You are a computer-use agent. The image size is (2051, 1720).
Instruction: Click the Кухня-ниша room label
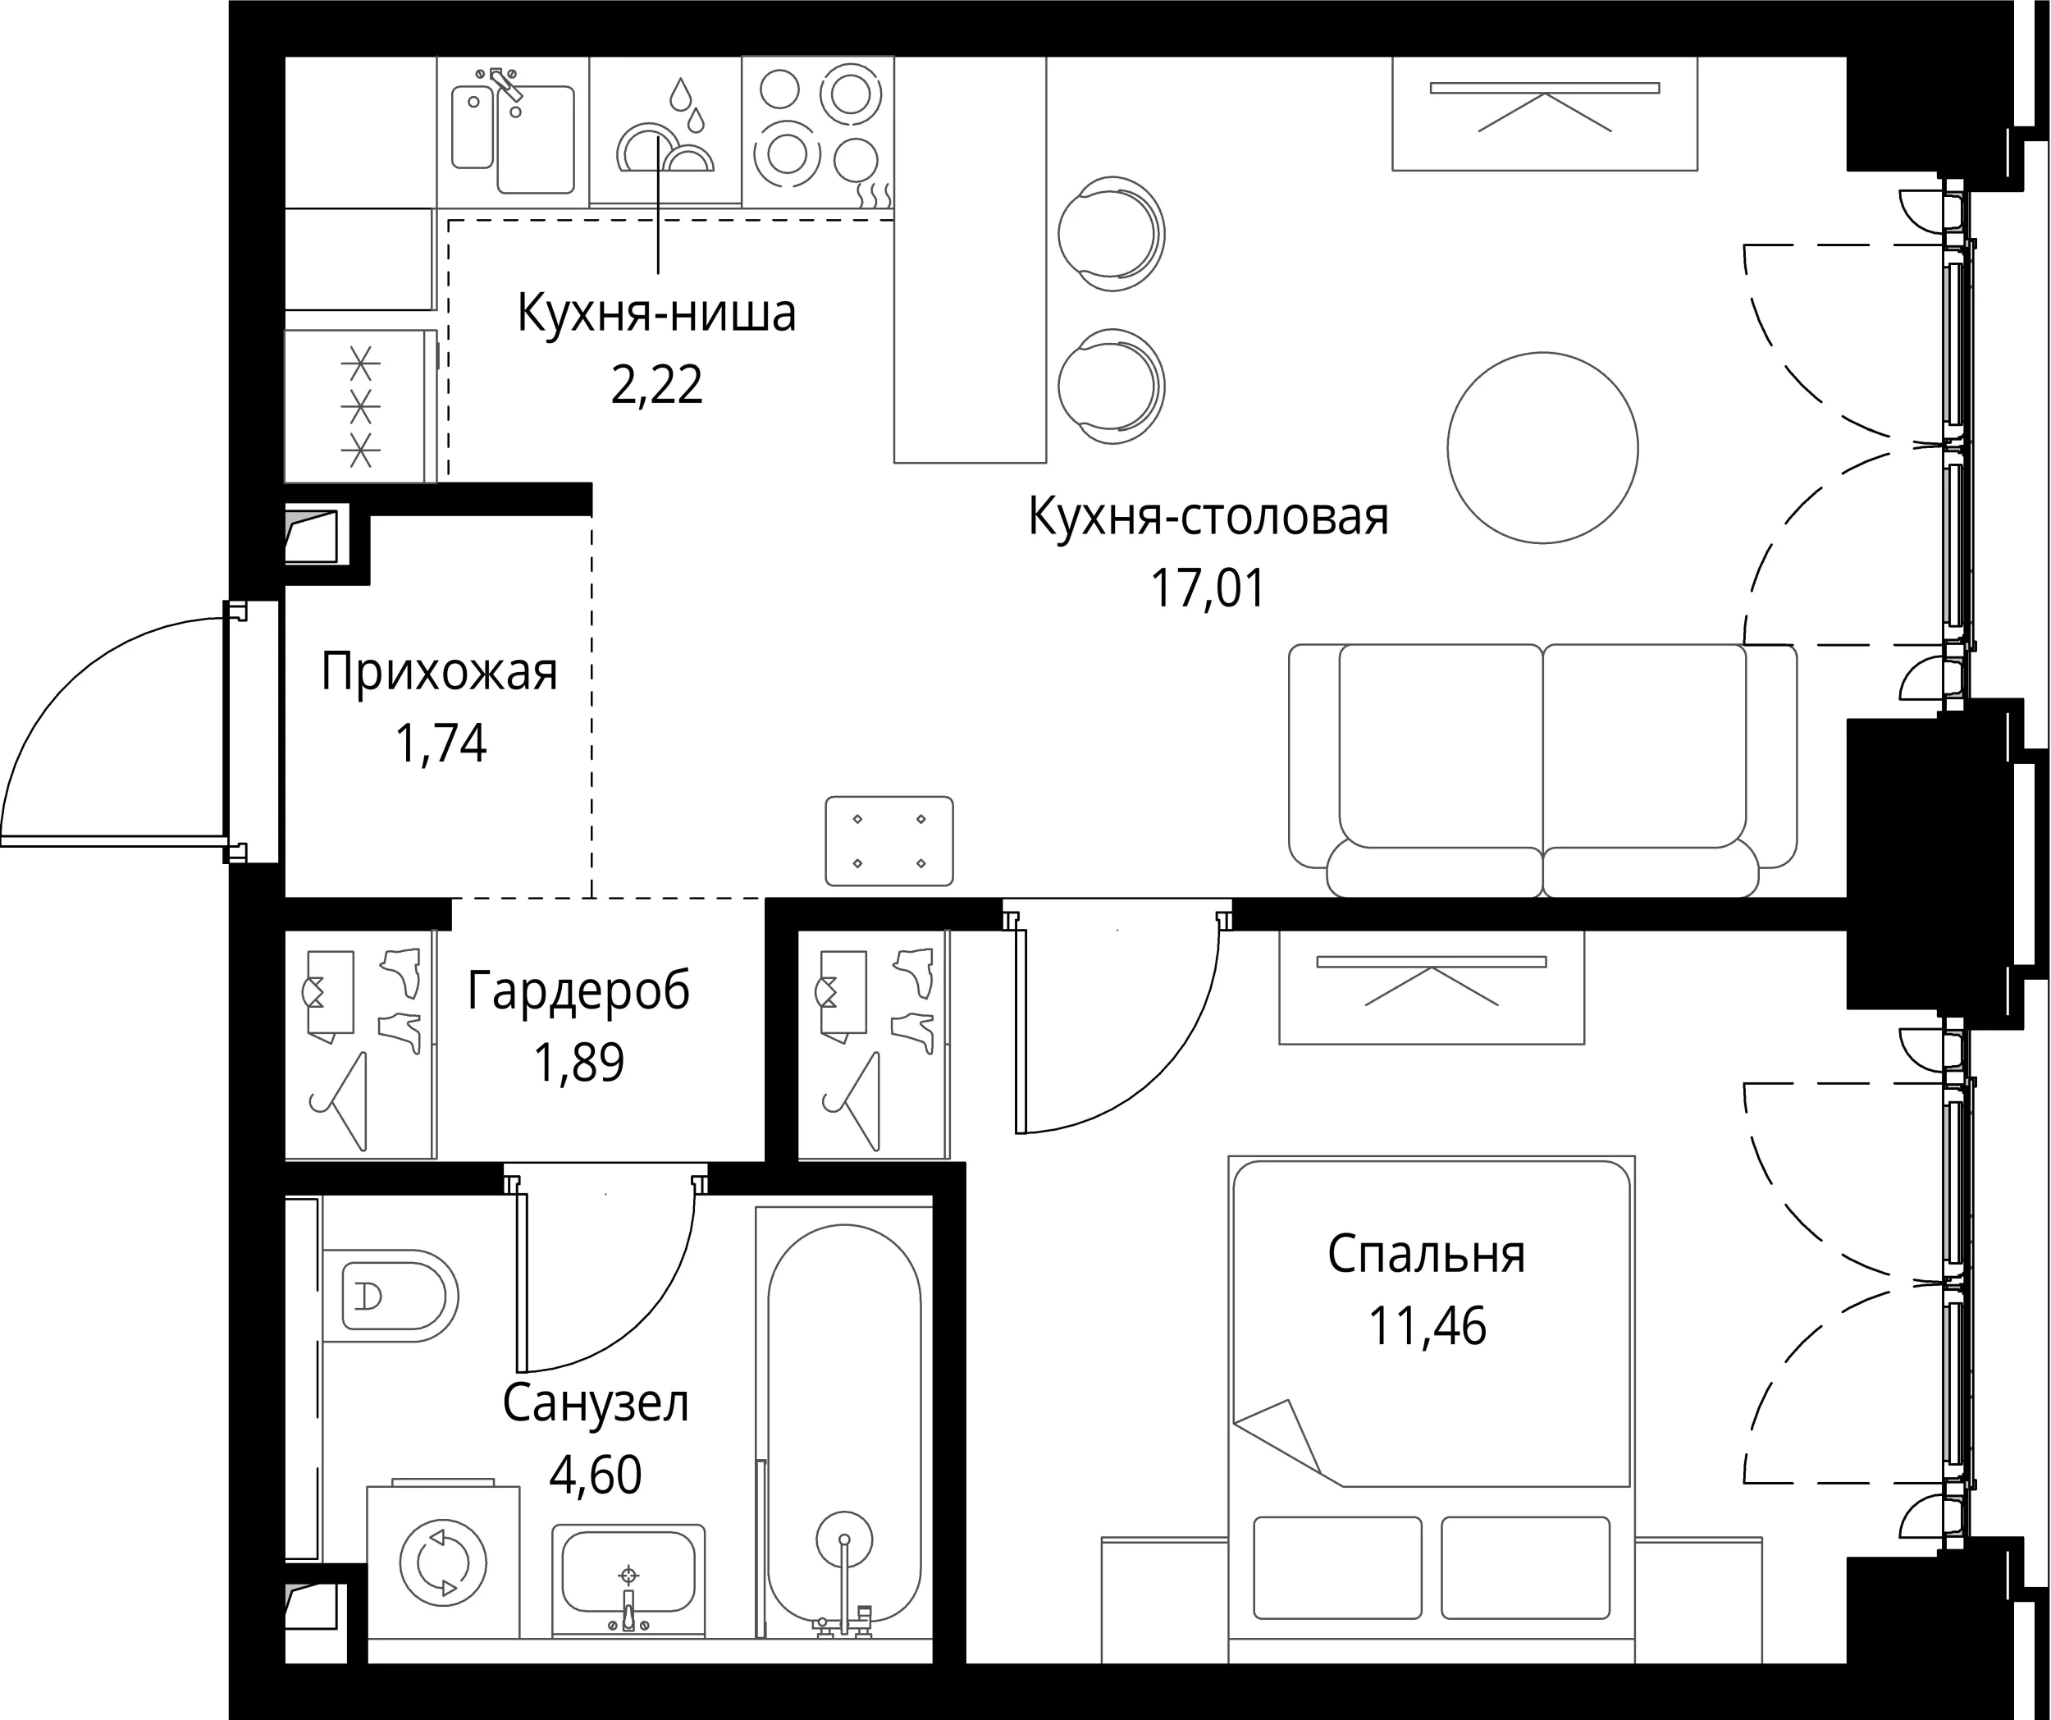pyautogui.click(x=656, y=314)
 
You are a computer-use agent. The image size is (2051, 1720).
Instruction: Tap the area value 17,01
pyautogui.click(x=1208, y=589)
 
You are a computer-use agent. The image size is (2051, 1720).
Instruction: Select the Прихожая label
pyautogui.click(x=440, y=673)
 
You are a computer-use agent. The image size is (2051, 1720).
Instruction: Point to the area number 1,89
pyautogui.click(x=578, y=1063)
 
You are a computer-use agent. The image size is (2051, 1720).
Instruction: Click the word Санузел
pyautogui.click(x=596, y=1403)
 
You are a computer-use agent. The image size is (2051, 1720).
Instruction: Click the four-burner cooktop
pyautogui.click(x=817, y=130)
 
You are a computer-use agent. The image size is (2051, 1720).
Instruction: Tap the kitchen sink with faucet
pyautogui.click(x=513, y=130)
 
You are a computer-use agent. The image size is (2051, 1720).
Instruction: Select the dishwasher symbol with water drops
pyautogui.click(x=665, y=130)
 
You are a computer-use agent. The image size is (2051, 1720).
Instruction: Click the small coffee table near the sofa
pyautogui.click(x=888, y=841)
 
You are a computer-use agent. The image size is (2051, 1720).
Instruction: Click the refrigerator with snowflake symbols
pyautogui.click(x=359, y=406)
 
